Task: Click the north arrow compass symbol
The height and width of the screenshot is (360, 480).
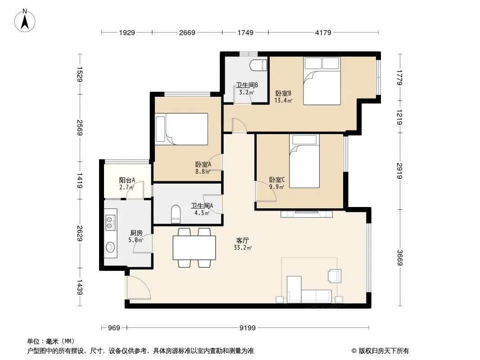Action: (25, 21)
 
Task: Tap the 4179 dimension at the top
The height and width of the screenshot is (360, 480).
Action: (323, 32)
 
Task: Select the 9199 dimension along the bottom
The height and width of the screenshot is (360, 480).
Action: (247, 328)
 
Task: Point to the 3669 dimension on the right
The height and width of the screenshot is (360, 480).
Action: (400, 257)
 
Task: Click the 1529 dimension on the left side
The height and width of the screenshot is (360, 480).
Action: (79, 74)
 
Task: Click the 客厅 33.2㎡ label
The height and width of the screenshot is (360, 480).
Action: (242, 244)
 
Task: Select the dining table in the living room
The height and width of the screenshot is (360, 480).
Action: (195, 248)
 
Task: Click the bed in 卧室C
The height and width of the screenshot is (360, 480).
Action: (304, 161)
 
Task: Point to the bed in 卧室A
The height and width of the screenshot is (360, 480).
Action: (181, 129)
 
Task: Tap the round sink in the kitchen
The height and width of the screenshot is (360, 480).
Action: (110, 247)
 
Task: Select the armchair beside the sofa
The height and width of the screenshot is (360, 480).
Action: (334, 275)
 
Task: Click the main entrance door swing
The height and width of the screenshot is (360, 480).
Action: (138, 288)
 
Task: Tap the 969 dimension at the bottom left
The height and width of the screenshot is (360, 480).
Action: (114, 328)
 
